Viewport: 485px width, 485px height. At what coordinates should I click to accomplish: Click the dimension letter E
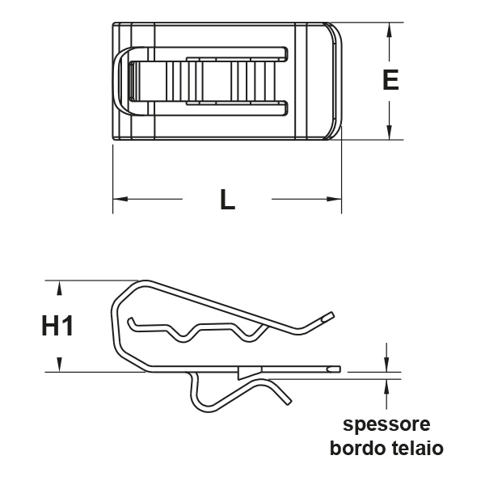click(390, 81)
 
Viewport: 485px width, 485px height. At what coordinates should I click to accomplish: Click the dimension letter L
click(228, 200)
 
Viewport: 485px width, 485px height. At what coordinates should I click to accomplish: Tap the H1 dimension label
click(58, 327)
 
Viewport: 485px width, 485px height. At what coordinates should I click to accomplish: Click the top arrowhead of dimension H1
click(58, 286)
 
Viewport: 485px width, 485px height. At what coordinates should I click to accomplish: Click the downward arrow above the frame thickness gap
click(388, 363)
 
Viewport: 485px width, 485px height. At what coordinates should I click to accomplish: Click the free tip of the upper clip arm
click(327, 316)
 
